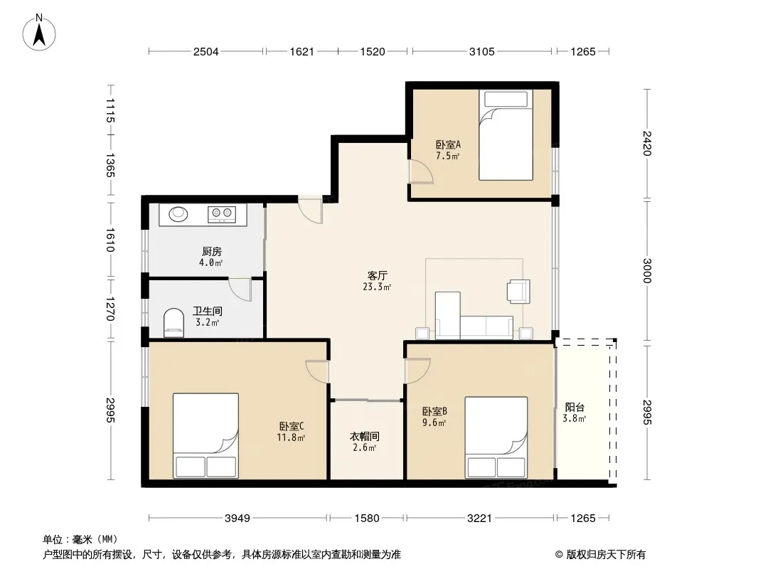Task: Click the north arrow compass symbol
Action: [x=39, y=33]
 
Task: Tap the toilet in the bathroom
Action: [x=174, y=323]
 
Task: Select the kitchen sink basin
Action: [x=178, y=213]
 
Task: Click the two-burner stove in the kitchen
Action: [x=222, y=213]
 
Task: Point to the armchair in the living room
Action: [x=518, y=292]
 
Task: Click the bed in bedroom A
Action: [x=506, y=135]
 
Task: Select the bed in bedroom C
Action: [x=206, y=435]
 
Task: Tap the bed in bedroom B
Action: [x=496, y=437]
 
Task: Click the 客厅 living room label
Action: [x=377, y=275]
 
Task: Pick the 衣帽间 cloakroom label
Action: [x=365, y=437]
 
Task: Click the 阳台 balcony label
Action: [x=575, y=408]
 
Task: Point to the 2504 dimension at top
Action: [x=206, y=51]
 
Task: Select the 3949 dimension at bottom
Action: [x=237, y=519]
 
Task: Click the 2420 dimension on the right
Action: [x=647, y=144]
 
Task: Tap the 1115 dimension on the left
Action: [x=110, y=110]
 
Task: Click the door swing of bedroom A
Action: [x=420, y=171]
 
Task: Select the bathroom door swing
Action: [x=240, y=289]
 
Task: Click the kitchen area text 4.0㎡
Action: [x=210, y=263]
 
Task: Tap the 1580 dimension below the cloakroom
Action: [x=367, y=519]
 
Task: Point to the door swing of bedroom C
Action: [x=317, y=372]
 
